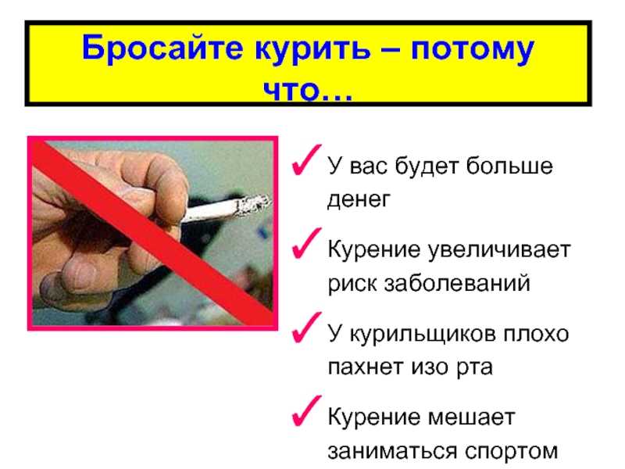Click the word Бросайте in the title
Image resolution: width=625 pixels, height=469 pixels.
point(162,49)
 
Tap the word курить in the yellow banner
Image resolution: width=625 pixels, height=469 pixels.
point(312,51)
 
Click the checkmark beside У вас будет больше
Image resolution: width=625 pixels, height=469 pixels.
point(306,160)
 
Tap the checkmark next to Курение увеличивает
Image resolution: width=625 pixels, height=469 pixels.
point(306,243)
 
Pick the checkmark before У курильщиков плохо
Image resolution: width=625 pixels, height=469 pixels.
point(306,328)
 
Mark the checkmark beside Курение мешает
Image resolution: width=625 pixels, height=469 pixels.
point(306,411)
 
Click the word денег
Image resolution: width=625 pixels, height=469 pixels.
point(359,199)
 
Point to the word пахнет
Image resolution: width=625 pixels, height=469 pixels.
point(365,367)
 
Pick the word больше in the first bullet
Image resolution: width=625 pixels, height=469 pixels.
point(509,166)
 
